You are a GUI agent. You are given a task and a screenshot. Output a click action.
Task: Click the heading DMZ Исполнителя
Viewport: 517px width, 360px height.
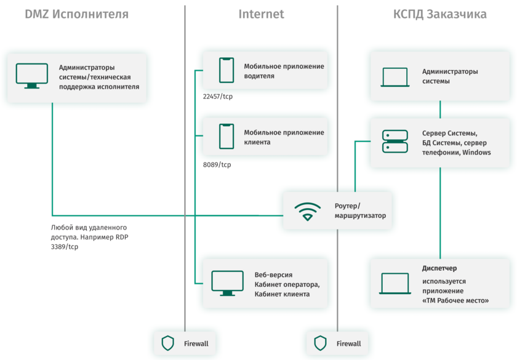(x=77, y=14)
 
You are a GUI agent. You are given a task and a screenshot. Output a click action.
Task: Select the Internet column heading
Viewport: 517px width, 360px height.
(x=261, y=14)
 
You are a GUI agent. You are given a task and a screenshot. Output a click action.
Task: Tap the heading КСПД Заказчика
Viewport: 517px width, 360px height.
(x=440, y=14)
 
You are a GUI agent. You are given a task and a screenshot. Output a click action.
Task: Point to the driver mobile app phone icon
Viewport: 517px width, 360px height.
(x=226, y=70)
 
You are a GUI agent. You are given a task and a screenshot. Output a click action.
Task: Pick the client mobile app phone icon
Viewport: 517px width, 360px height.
(x=226, y=137)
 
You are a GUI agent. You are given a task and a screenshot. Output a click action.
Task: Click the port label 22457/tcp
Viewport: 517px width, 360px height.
(x=218, y=97)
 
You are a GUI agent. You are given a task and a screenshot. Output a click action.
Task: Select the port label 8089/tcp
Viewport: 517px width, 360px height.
(x=217, y=164)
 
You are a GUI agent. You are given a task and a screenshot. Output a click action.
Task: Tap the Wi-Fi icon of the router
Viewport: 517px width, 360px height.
(x=307, y=211)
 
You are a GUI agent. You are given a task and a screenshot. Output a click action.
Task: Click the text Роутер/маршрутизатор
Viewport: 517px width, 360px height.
(x=360, y=211)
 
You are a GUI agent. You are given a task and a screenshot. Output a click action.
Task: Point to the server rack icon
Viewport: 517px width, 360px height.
(x=395, y=142)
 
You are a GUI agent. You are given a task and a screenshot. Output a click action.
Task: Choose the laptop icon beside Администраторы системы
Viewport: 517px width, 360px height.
(x=395, y=77)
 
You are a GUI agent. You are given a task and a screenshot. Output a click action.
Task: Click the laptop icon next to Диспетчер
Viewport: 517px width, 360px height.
(x=395, y=283)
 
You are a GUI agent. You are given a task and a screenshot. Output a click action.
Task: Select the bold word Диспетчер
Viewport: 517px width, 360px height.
(x=439, y=268)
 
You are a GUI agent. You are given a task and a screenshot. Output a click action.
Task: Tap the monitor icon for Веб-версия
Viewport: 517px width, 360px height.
(x=227, y=283)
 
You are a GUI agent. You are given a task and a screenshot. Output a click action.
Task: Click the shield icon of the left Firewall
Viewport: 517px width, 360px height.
(x=167, y=343)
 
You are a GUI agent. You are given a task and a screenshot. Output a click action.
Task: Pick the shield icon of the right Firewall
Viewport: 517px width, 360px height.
(x=320, y=343)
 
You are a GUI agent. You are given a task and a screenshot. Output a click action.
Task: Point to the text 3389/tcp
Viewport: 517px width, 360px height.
(x=65, y=247)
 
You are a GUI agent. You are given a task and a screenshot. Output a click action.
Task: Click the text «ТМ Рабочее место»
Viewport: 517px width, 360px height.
(x=455, y=300)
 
